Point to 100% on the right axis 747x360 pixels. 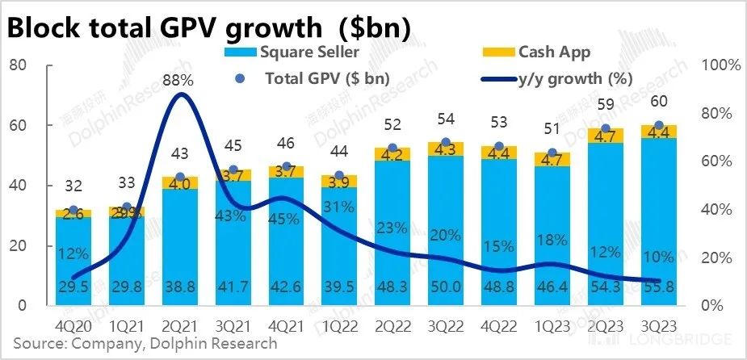pyautogui.click(x=720, y=65)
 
